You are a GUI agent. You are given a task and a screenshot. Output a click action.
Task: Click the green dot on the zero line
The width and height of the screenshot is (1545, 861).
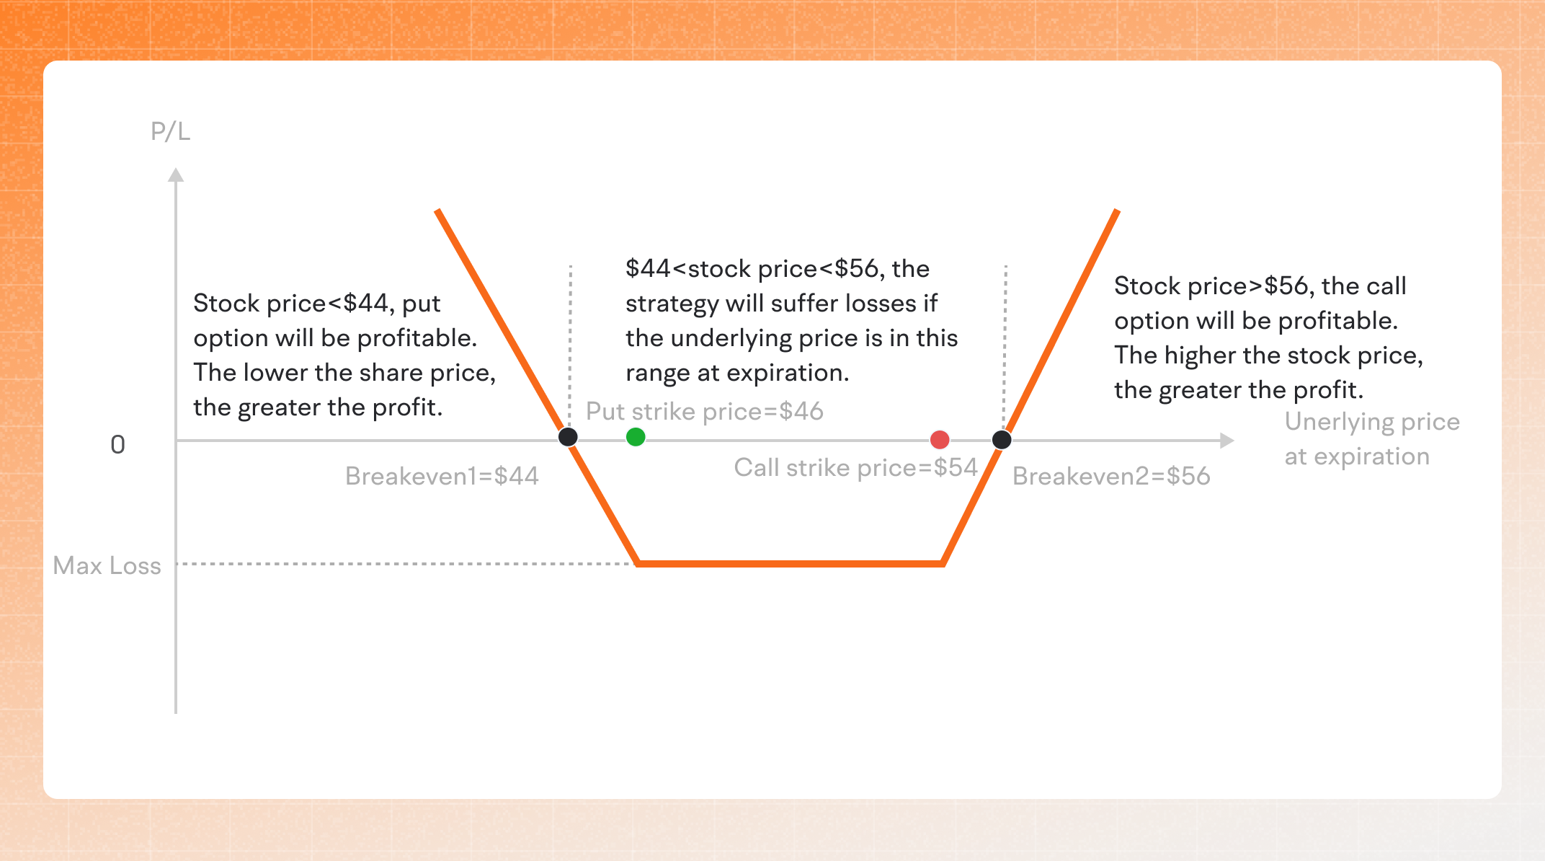pos(636,437)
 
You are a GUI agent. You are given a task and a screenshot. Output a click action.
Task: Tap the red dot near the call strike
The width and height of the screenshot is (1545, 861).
pos(940,440)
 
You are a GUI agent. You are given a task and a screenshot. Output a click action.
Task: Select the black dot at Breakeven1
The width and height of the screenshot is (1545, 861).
pos(568,437)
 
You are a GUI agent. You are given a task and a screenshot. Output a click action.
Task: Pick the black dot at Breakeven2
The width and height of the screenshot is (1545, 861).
pos(1002,440)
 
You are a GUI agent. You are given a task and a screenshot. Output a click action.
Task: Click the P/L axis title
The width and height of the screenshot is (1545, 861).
pos(171,132)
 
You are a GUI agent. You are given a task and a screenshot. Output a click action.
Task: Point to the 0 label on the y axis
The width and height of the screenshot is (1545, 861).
pos(117,445)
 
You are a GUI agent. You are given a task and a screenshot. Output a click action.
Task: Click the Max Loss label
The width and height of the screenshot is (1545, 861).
pos(107,566)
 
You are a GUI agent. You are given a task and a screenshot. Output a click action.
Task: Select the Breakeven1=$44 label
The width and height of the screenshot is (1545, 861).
pos(442,476)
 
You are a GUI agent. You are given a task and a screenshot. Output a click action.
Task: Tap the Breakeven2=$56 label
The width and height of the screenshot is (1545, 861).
pos(1111,476)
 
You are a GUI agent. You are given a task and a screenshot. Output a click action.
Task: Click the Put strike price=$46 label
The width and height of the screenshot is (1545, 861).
pos(705,412)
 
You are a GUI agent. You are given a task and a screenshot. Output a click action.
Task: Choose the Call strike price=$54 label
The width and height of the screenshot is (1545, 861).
pos(855,468)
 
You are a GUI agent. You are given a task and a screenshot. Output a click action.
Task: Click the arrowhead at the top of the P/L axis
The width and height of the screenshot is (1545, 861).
pos(176,175)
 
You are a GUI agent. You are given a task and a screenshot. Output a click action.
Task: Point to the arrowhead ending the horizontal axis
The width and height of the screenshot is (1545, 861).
pos(1227,441)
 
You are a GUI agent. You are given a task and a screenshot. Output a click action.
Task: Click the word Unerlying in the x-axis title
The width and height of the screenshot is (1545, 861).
pos(1338,423)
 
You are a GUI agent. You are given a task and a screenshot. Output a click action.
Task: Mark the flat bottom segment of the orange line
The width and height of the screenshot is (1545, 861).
pos(791,564)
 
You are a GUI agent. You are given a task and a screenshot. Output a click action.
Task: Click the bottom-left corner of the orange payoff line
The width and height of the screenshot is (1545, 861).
pos(638,564)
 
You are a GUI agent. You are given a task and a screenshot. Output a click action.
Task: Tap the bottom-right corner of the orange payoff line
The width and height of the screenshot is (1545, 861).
pos(943,564)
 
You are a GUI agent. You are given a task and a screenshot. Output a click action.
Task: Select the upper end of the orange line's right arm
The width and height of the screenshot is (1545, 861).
pos(1117,211)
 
